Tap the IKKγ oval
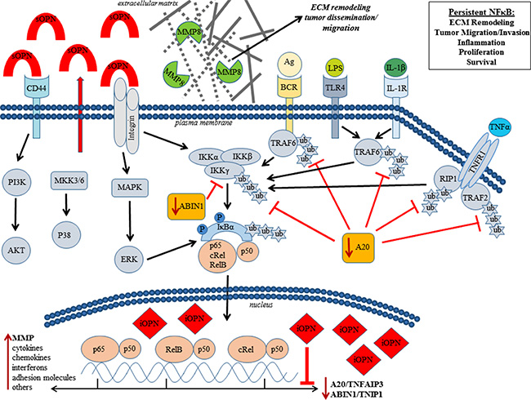tap(211, 171)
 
